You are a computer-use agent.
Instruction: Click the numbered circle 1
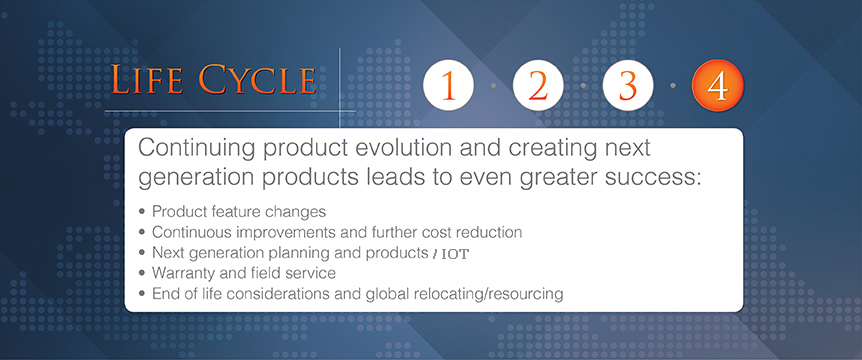[449, 85]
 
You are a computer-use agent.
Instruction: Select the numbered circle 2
[538, 85]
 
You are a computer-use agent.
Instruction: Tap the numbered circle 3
[628, 85]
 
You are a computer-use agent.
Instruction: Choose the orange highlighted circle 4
[718, 85]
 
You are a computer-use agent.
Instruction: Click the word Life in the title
[147, 80]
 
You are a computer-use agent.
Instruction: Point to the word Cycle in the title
[257, 80]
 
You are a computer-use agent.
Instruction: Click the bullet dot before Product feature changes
[143, 211]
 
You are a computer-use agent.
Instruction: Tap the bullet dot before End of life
[143, 293]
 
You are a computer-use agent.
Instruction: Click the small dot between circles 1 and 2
[493, 85]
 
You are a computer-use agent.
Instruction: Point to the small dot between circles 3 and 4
[673, 85]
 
